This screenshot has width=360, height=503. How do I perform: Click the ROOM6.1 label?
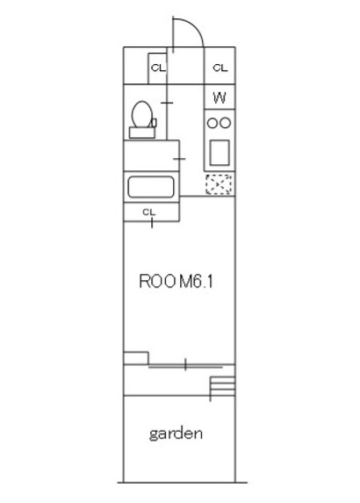[x=176, y=281]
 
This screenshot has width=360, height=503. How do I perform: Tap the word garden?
[x=176, y=434]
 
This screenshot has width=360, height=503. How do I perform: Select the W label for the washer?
[x=220, y=97]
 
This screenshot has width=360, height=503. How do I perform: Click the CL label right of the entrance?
[x=220, y=68]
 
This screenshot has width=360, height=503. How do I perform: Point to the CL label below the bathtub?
[x=149, y=212]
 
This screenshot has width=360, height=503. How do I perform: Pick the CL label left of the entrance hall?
[x=158, y=68]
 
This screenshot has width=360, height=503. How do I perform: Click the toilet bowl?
[x=142, y=114]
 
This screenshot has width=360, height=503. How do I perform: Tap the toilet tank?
[x=142, y=133]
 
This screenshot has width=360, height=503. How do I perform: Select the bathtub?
[x=151, y=187]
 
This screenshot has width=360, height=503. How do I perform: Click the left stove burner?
[x=212, y=123]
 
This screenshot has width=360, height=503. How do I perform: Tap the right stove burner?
[x=226, y=123]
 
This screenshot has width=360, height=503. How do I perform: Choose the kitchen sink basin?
[x=220, y=153]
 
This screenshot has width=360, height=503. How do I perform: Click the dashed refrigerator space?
[x=219, y=184]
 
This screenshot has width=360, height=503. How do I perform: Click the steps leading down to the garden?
[x=223, y=386]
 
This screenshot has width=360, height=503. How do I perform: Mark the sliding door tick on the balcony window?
[x=185, y=364]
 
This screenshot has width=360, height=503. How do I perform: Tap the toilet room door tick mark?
[x=167, y=103]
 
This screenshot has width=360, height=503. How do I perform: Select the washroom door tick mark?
[x=179, y=159]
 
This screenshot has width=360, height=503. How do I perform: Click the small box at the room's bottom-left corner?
[x=136, y=358]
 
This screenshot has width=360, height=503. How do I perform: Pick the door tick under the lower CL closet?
[x=152, y=222]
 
